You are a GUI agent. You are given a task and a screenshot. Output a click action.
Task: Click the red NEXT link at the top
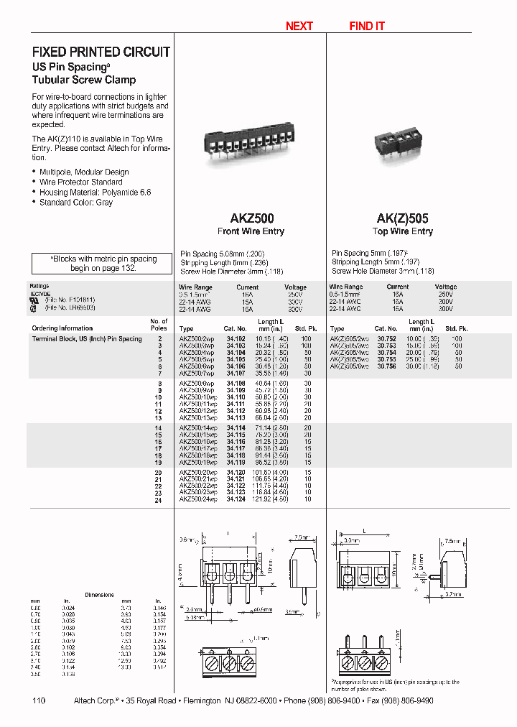coord(299,26)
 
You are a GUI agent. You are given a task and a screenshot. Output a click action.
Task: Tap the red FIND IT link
coord(366,26)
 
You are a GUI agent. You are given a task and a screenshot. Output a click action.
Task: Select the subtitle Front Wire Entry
coord(251,231)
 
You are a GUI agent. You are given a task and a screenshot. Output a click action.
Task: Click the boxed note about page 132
coord(103,263)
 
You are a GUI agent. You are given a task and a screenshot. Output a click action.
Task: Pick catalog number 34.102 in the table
coord(236,338)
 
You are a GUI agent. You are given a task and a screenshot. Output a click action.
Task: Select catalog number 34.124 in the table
coord(236,499)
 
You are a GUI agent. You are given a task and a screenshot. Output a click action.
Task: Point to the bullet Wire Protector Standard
coord(80,182)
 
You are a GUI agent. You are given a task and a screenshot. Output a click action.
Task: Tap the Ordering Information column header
coord(62,328)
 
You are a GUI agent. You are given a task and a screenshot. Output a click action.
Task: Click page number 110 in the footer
coord(39,700)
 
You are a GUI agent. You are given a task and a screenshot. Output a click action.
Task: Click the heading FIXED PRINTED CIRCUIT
coord(101,52)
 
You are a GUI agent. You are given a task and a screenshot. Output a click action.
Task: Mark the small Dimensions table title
coord(99,595)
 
